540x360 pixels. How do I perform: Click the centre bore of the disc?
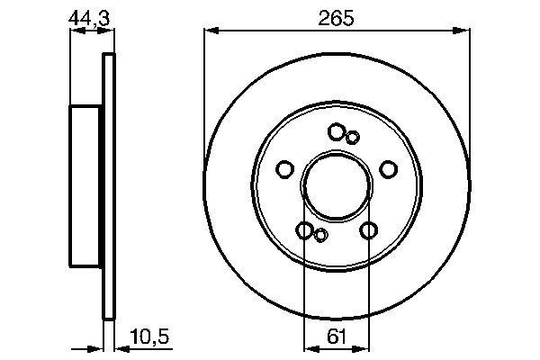point(337,186)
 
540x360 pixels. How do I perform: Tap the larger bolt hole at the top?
point(337,132)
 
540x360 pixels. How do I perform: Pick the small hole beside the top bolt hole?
point(353,137)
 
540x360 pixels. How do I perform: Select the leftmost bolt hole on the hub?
point(285,169)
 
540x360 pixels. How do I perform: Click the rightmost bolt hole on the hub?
point(389,169)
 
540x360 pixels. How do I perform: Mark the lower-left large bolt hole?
point(305,230)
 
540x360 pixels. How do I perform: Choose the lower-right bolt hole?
point(368,230)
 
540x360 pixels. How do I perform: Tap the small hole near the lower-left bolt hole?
point(320,236)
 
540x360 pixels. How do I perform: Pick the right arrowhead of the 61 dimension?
point(364,346)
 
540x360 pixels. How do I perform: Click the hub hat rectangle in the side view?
point(87,186)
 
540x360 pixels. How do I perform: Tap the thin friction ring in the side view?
point(110,186)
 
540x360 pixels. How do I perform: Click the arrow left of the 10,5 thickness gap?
point(98,346)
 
